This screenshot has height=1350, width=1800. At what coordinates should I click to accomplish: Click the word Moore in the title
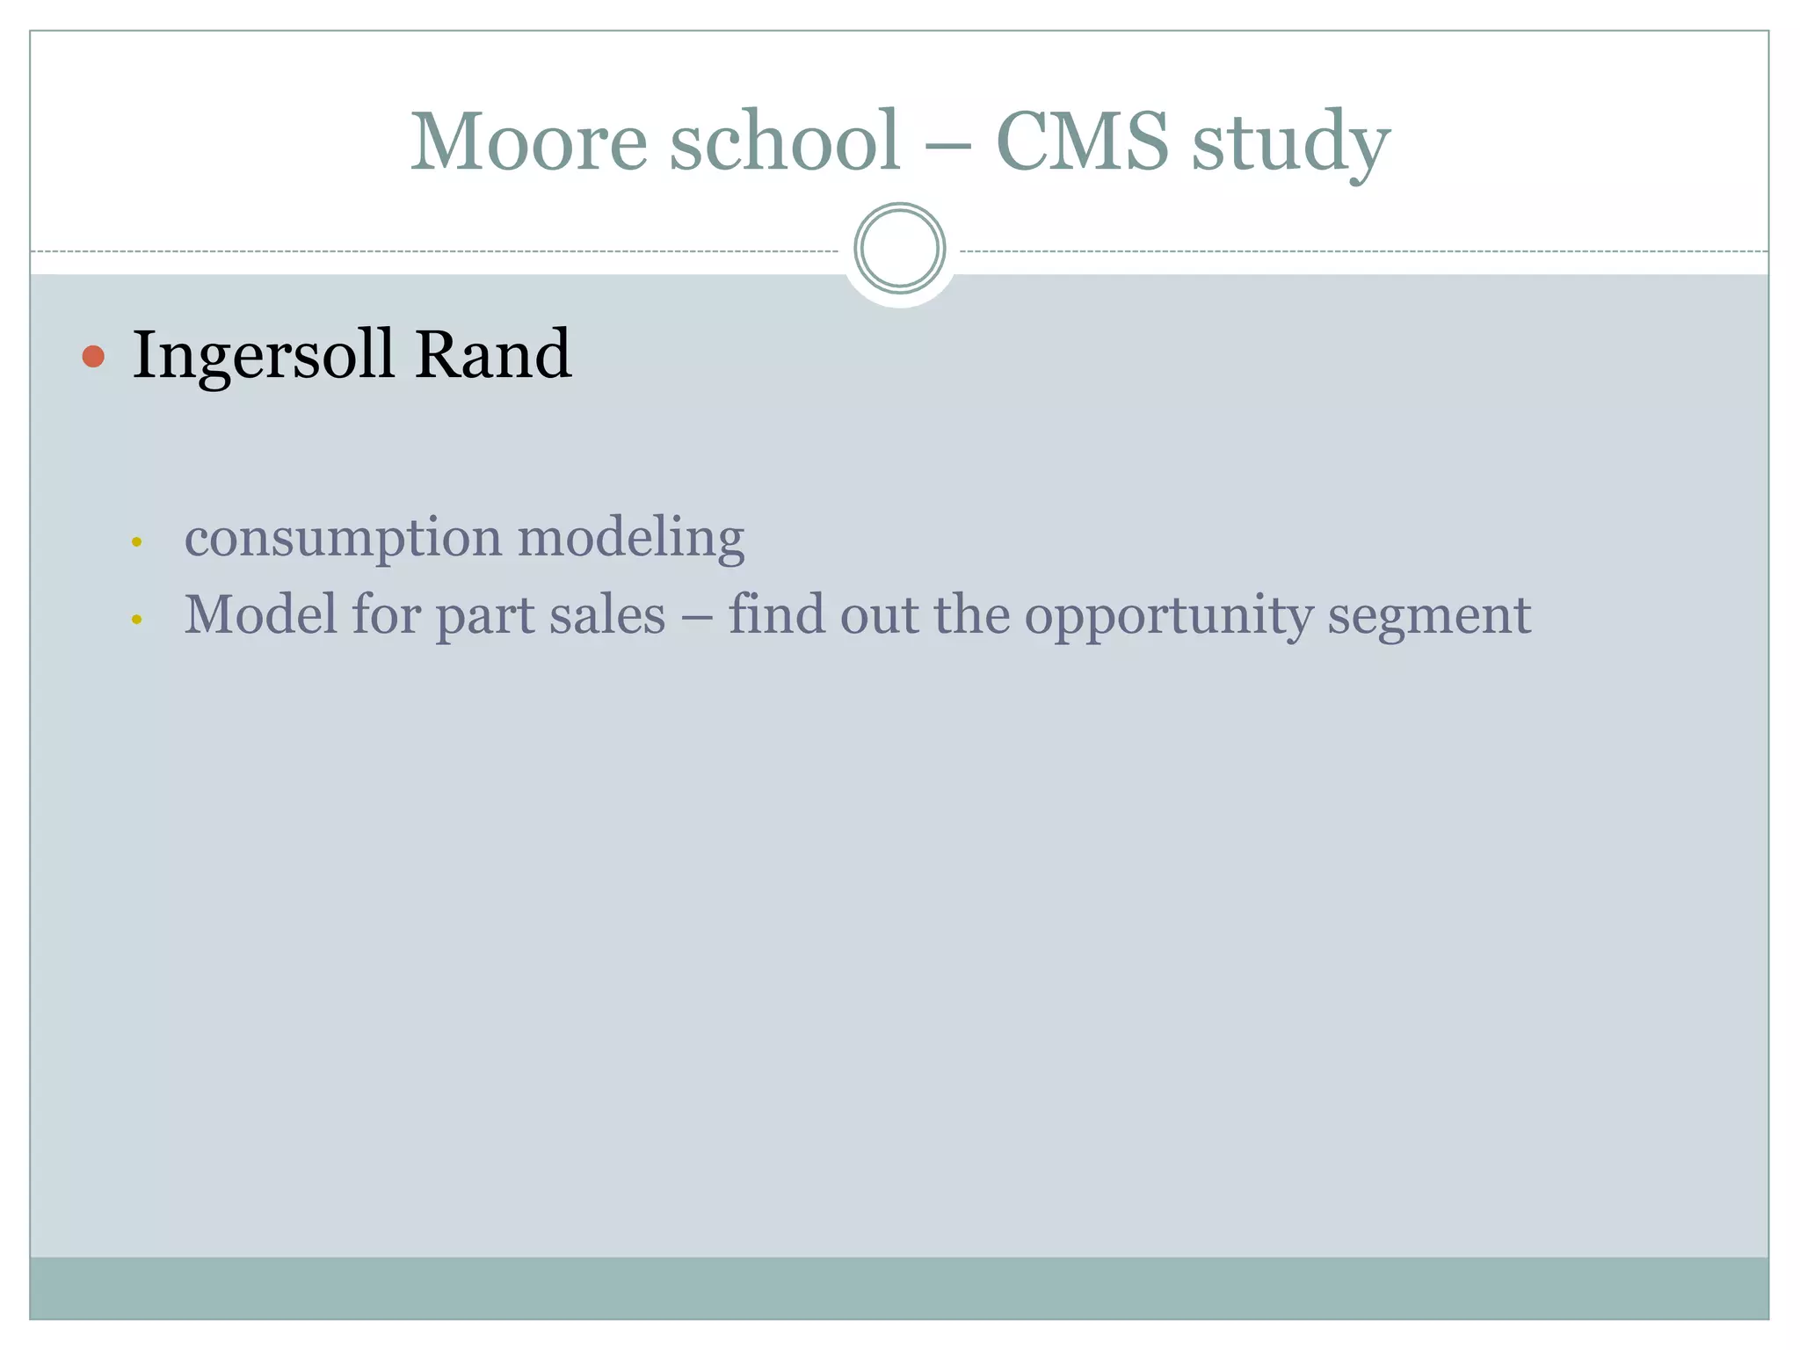pyautogui.click(x=529, y=142)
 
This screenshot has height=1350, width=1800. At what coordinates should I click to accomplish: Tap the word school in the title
pyautogui.click(x=785, y=142)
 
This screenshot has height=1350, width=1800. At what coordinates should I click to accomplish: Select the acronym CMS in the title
pyautogui.click(x=1082, y=142)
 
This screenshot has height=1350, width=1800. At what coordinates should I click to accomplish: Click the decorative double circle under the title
pyautogui.click(x=899, y=249)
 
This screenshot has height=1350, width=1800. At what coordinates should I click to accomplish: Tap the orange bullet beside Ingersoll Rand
pyautogui.click(x=93, y=356)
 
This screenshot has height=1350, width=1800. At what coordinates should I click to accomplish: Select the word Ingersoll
pyautogui.click(x=263, y=356)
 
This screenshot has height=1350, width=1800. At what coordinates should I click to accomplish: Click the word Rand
pyautogui.click(x=493, y=354)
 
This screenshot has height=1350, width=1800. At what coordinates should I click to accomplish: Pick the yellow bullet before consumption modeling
pyautogui.click(x=136, y=542)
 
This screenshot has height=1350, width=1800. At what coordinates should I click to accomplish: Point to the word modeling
pyautogui.click(x=630, y=537)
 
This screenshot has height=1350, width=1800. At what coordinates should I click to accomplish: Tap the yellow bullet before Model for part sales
pyautogui.click(x=136, y=620)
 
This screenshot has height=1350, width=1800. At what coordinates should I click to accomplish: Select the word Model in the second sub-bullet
pyautogui.click(x=260, y=614)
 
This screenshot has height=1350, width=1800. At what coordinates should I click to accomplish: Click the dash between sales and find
pyautogui.click(x=697, y=616)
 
